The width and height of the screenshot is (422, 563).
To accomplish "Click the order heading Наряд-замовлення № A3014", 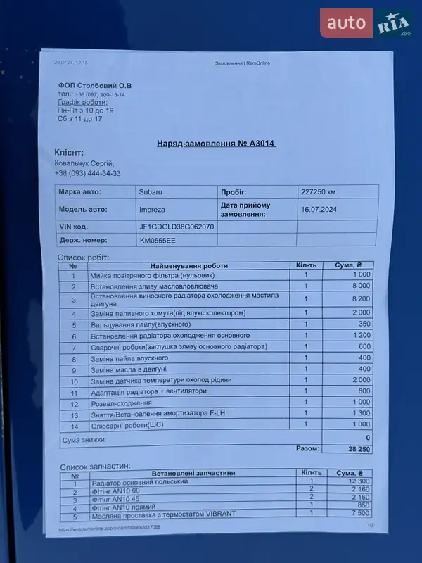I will [216, 144].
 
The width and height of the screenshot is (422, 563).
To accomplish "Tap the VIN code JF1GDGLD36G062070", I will [177, 227].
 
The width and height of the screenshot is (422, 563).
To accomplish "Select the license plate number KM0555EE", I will [158, 241].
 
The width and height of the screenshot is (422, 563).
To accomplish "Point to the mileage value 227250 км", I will [319, 191].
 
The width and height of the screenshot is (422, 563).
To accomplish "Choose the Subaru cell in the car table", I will [149, 191].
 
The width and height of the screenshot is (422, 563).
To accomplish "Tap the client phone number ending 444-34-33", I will [87, 173].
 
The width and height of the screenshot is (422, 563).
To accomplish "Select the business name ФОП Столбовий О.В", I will [95, 86].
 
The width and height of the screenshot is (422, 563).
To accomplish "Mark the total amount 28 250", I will [358, 448].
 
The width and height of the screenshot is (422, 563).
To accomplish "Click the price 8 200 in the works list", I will [360, 298].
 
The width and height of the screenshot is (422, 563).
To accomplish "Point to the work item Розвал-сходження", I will [121, 403].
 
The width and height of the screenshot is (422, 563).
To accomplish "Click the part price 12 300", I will [357, 482].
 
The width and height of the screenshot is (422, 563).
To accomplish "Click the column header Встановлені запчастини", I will [188, 473].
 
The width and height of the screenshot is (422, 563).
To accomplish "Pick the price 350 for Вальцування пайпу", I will [363, 324].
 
